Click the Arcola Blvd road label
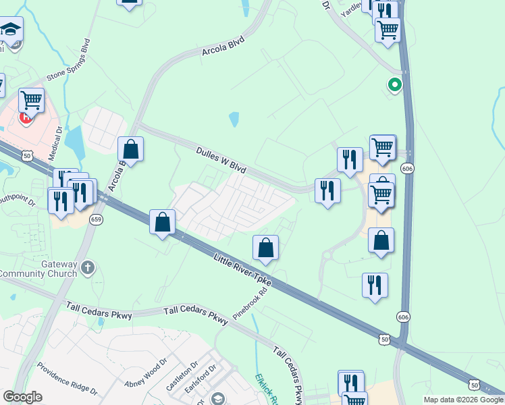(x=222, y=45)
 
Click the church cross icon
(x=87, y=269)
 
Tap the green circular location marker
(x=394, y=85)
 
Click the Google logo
(x=22, y=397)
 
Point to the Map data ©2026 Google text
(x=463, y=400)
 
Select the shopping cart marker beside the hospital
(x=32, y=101)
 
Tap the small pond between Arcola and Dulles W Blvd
(x=234, y=119)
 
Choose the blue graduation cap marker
(x=11, y=30)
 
